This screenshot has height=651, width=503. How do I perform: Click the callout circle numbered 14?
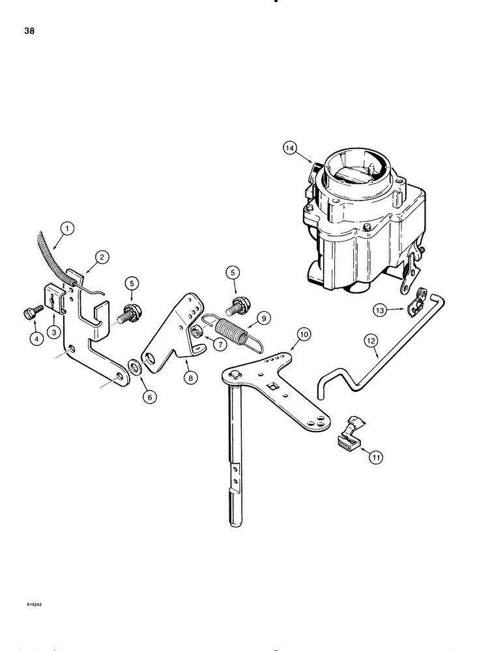coord(289,148)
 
